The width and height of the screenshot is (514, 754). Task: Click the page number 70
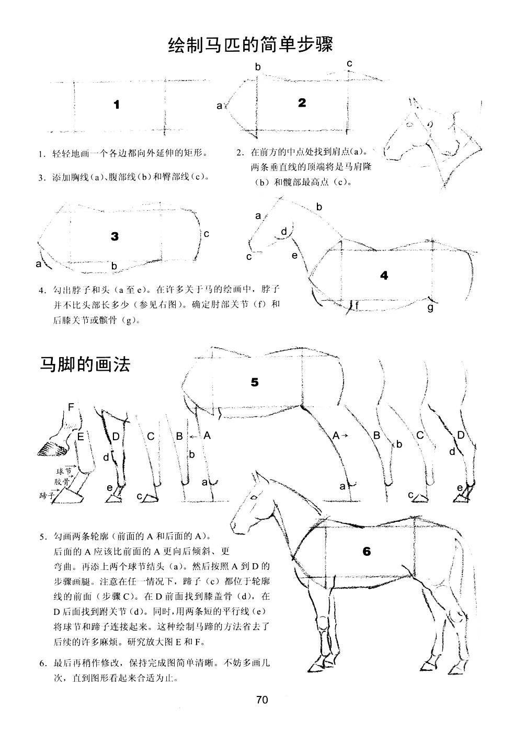[x=262, y=700]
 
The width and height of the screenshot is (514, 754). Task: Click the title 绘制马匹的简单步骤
[x=250, y=44]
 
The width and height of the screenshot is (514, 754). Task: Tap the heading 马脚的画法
[x=85, y=364]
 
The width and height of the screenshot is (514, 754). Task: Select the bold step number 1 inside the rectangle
[x=117, y=105]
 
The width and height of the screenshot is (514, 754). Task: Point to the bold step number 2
[x=302, y=103]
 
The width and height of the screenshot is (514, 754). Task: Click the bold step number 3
[x=115, y=236]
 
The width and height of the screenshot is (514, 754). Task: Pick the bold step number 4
[x=384, y=276]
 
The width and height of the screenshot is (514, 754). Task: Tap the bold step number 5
[x=255, y=382]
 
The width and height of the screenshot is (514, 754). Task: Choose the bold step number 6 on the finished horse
[x=366, y=551]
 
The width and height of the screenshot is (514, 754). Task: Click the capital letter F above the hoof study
[x=71, y=407]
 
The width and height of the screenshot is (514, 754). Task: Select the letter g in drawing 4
[x=430, y=307]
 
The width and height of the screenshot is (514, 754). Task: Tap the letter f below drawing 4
[x=357, y=305]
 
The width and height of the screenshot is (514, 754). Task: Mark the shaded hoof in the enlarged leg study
[x=50, y=448]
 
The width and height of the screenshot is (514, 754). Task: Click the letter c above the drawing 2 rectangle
[x=349, y=64]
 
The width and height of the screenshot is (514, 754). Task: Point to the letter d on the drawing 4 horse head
[x=284, y=231]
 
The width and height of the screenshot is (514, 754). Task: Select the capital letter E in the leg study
[x=81, y=436]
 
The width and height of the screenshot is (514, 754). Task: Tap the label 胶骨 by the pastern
[x=61, y=481]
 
